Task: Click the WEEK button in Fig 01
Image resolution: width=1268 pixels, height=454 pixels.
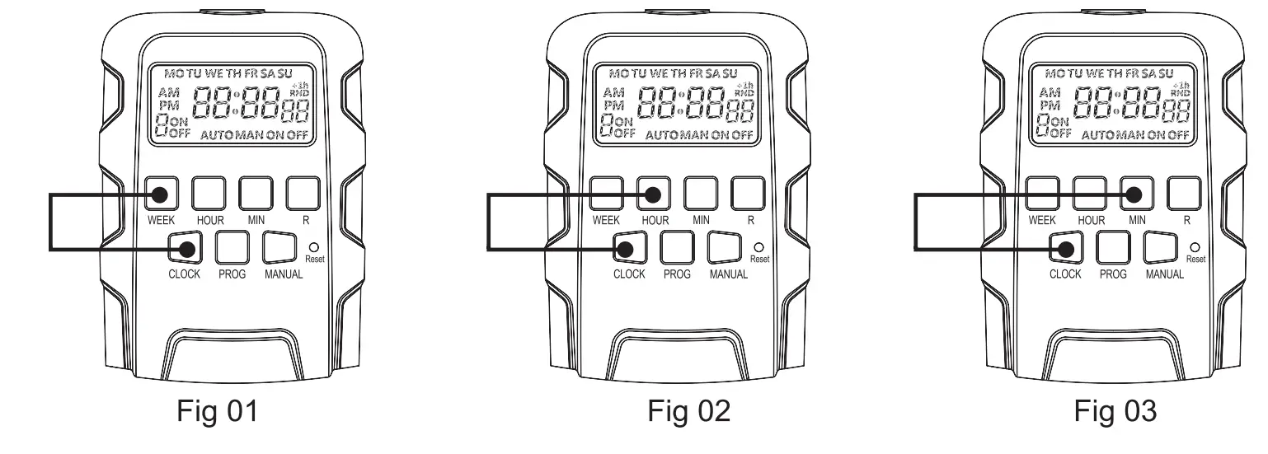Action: click(x=161, y=194)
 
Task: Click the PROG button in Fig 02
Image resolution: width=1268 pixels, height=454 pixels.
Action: click(x=679, y=247)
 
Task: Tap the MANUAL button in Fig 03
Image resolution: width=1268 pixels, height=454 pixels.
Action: click(x=1164, y=247)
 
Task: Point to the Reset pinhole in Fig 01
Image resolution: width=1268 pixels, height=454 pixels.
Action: click(x=314, y=246)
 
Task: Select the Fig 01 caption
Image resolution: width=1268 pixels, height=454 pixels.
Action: click(x=218, y=410)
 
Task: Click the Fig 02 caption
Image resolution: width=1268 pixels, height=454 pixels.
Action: click(x=688, y=410)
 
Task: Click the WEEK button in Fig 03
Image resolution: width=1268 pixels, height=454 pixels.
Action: click(x=1041, y=194)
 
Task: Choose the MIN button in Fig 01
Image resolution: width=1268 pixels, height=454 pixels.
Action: click(x=256, y=194)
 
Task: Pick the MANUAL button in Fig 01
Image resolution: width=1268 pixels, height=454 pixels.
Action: click(x=283, y=247)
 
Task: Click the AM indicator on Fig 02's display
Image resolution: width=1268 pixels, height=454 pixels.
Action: click(x=613, y=91)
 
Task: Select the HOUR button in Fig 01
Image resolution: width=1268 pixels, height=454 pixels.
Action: click(x=209, y=194)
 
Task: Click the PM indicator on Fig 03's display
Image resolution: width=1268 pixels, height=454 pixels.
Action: click(x=1050, y=105)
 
